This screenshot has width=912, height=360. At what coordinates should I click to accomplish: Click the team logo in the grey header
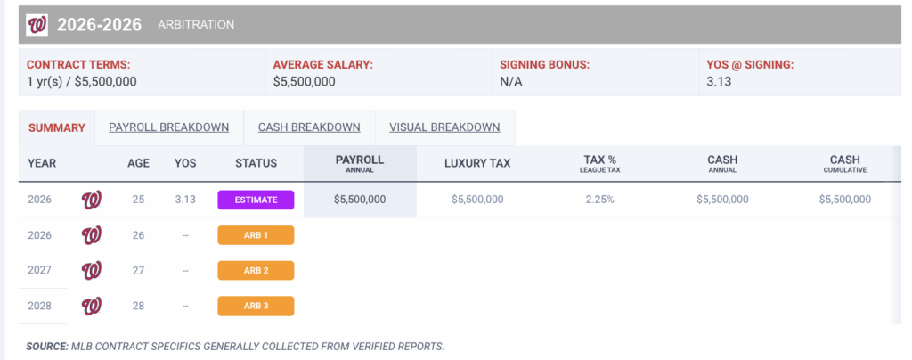click(x=37, y=25)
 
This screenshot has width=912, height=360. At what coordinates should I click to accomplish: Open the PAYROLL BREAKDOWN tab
click(x=169, y=127)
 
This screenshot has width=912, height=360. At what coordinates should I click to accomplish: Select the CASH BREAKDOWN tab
click(x=309, y=127)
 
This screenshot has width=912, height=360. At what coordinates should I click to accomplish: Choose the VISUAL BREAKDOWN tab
click(x=444, y=127)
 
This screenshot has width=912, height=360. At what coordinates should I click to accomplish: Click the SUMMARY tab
click(x=57, y=127)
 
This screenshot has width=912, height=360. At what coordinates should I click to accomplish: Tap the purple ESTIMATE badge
click(x=256, y=200)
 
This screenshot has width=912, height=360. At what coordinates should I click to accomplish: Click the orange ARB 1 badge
click(x=256, y=235)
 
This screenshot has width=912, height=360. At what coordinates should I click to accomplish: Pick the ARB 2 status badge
click(x=256, y=271)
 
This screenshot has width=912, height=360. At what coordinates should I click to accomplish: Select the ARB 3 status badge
click(x=256, y=307)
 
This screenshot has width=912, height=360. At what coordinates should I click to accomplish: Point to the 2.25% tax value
click(x=600, y=200)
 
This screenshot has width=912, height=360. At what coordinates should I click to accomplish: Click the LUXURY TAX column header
click(x=477, y=163)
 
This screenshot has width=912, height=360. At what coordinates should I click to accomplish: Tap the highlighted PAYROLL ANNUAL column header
click(x=360, y=163)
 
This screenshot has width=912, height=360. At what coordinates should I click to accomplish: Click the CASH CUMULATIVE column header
click(x=845, y=163)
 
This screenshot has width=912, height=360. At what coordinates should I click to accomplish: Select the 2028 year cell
click(x=41, y=307)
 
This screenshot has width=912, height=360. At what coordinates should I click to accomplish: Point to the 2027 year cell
click(x=41, y=271)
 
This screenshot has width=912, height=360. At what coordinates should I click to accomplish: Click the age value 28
click(x=138, y=307)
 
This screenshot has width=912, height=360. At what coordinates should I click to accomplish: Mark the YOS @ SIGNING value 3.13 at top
click(x=719, y=82)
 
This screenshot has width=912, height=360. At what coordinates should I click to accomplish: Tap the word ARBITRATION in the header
click(x=196, y=25)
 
